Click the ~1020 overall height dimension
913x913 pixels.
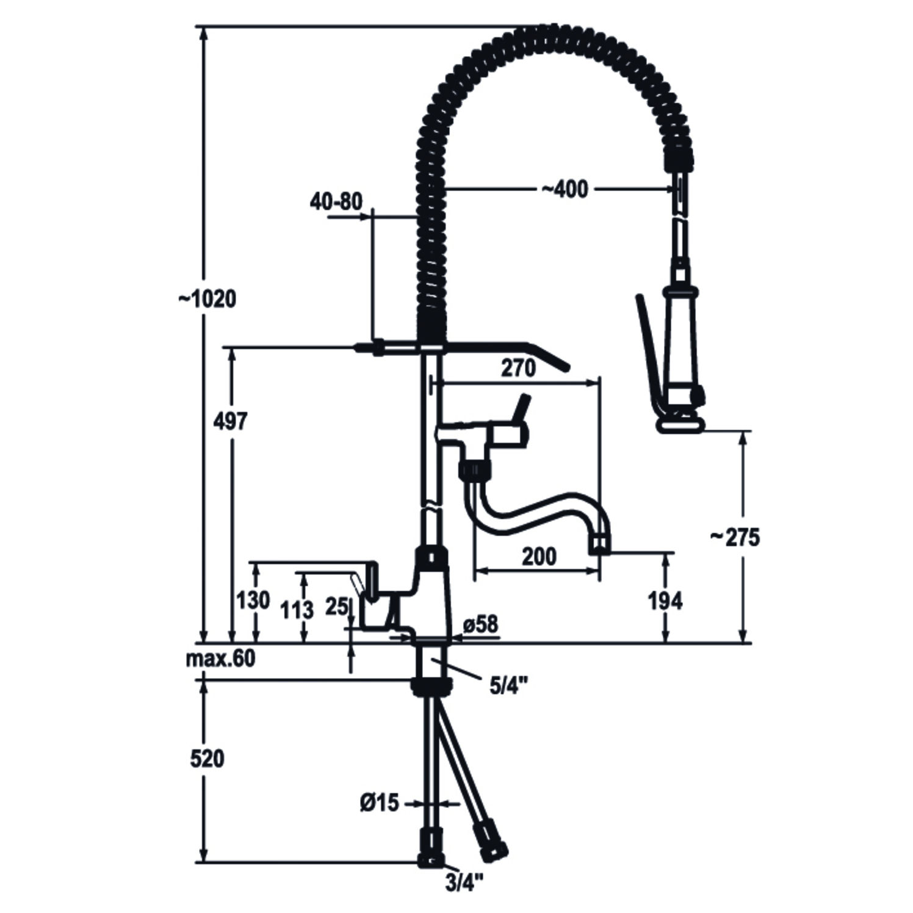tap(207, 299)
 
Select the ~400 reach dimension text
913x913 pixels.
tap(565, 189)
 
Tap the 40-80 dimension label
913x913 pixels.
tap(336, 201)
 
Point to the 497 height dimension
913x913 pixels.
tap(231, 421)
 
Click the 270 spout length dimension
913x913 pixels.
tap(518, 368)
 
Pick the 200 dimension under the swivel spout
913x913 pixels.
tap(539, 557)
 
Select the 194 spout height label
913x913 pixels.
tap(665, 601)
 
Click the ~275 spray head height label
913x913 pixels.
tap(735, 537)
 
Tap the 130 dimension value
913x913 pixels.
tap(253, 601)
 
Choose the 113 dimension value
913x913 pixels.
tap(297, 609)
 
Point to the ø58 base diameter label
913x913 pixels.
tap(481, 624)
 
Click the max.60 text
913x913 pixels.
tap(220, 659)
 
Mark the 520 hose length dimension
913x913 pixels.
tap(208, 759)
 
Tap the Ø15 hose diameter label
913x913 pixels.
tap(379, 803)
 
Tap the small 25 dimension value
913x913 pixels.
tap(336, 606)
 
